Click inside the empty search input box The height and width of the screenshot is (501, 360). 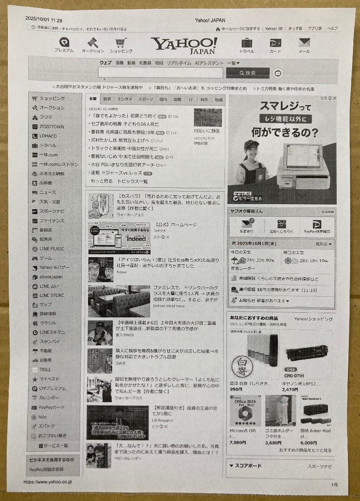[x=160, y=73]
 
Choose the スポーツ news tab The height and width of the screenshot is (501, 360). [x=146, y=99]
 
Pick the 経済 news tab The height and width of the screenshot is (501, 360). [x=107, y=99]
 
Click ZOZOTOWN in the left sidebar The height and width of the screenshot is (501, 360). [x=52, y=127]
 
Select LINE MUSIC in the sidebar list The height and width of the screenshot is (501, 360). [x=52, y=249]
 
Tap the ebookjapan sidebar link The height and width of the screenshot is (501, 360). [x=51, y=277]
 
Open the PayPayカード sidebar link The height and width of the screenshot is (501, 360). [x=52, y=407]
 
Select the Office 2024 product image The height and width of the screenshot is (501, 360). [x=244, y=410]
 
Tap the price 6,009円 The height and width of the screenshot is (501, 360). [x=308, y=443]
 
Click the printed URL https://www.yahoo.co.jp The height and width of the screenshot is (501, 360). [x=48, y=482]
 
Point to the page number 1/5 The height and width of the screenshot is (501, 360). [x=334, y=485]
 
